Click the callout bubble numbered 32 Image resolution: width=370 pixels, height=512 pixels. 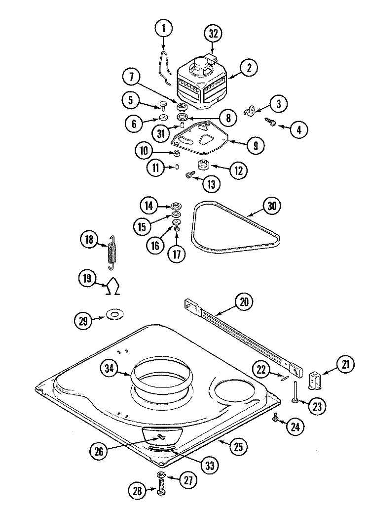213,34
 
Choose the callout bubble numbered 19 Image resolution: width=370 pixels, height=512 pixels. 87,280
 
